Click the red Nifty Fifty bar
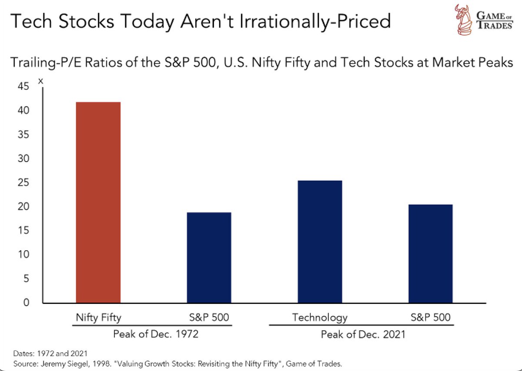point(98,202)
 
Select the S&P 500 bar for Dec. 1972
point(209,258)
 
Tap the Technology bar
point(320,242)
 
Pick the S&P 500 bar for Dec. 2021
point(431,254)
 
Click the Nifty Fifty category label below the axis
point(97,317)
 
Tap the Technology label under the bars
point(320,317)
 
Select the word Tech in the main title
point(27,21)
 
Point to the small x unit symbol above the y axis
point(41,81)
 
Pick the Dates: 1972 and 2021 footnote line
point(39,354)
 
